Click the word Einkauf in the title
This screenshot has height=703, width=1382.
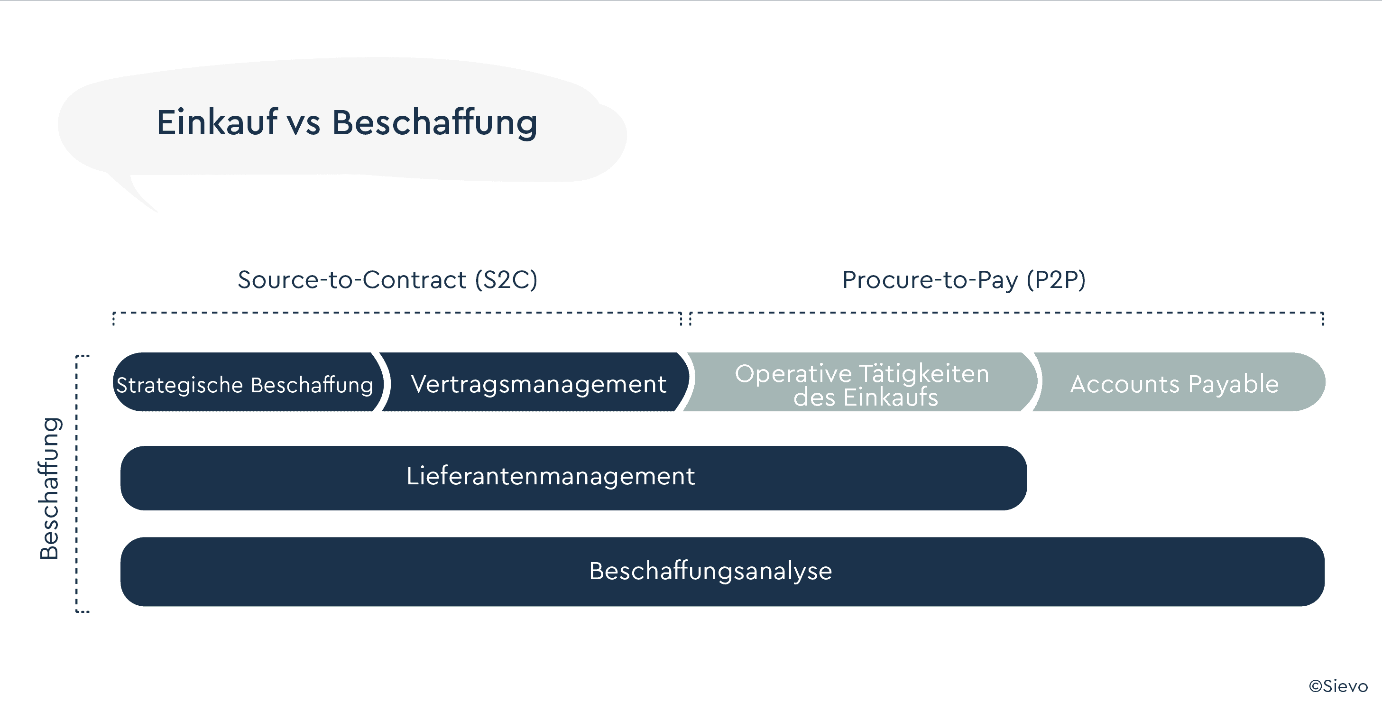(217, 122)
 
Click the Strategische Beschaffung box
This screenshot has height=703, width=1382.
(249, 382)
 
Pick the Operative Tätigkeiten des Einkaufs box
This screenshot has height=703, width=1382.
(862, 382)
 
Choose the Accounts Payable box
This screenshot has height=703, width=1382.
(1178, 382)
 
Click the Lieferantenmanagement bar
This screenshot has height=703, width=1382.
(573, 478)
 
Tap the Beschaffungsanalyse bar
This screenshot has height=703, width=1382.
(722, 572)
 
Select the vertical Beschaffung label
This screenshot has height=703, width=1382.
(49, 488)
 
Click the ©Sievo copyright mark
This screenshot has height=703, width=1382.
(1338, 686)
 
